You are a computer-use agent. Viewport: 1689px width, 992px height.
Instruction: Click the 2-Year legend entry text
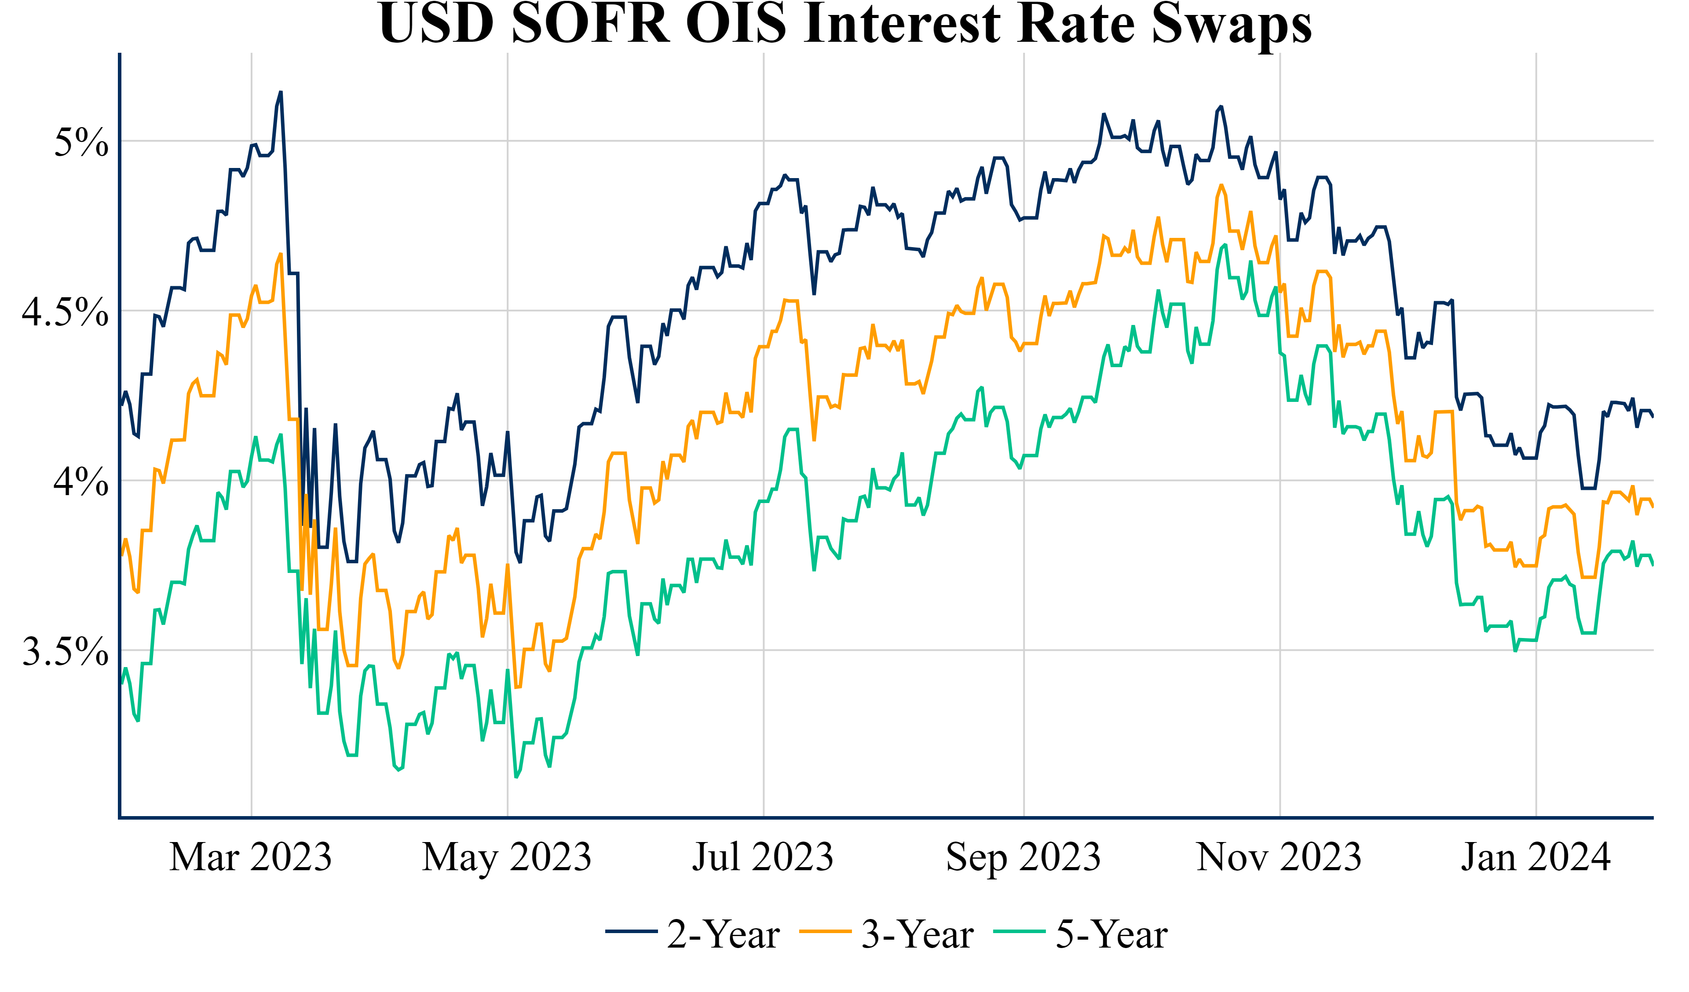[723, 934]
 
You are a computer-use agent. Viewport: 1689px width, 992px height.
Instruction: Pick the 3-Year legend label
[917, 934]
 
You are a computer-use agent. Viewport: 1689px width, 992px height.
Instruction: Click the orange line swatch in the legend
[826, 932]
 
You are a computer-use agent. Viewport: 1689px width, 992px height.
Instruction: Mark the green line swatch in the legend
[1020, 932]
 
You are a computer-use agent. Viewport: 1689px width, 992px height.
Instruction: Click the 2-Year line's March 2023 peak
[281, 92]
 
